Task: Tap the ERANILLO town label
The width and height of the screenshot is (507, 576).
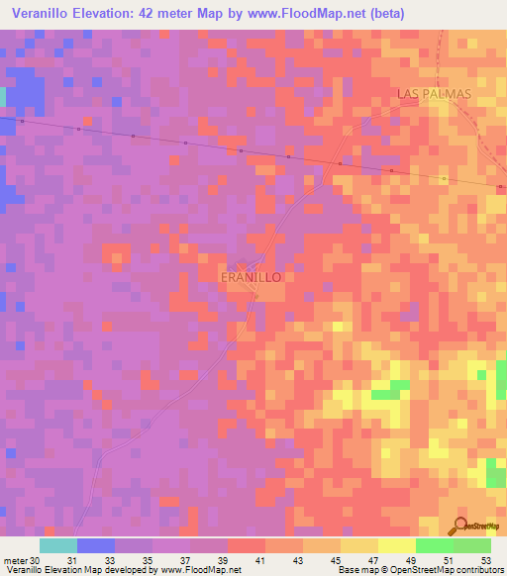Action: (x=251, y=278)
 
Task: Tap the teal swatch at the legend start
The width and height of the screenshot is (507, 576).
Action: (x=57, y=545)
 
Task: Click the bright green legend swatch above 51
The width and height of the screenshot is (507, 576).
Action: (x=434, y=545)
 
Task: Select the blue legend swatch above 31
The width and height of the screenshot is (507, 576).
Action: (x=95, y=545)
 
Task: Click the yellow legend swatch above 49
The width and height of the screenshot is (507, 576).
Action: (x=396, y=545)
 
